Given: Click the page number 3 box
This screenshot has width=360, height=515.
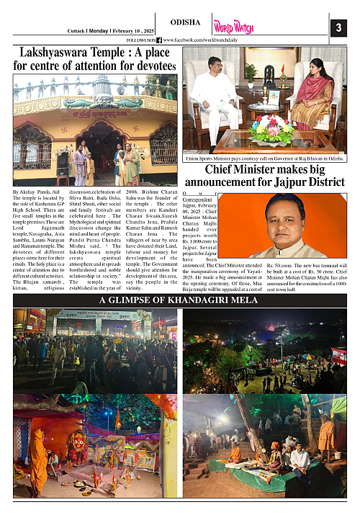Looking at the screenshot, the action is (x=338, y=28).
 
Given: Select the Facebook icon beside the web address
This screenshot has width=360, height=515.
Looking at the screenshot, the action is (x=159, y=40).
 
